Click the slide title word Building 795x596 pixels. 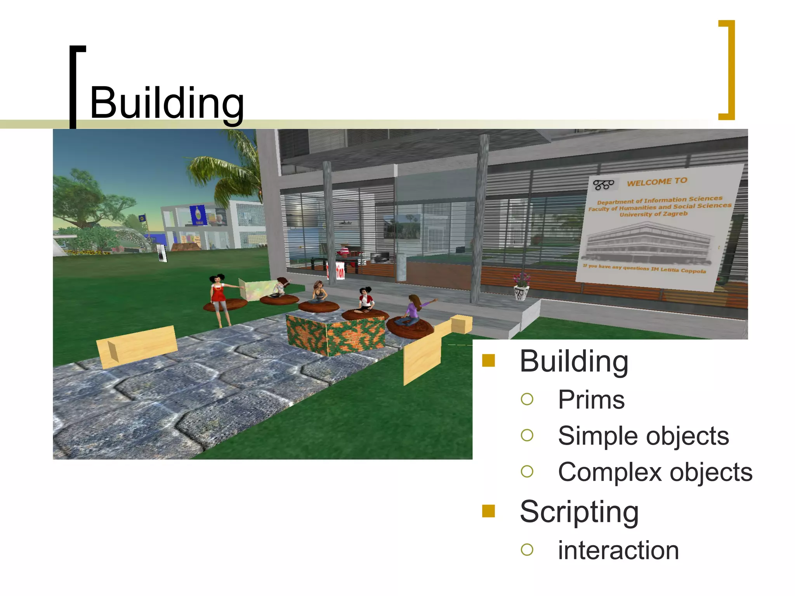(x=167, y=103)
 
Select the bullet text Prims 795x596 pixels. (x=591, y=400)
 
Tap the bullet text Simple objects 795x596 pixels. (x=643, y=436)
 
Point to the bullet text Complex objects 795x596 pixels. (x=655, y=472)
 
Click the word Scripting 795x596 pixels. (x=579, y=512)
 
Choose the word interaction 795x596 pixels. (x=618, y=550)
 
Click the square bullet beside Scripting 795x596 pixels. (x=488, y=511)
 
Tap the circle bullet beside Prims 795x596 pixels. (x=527, y=399)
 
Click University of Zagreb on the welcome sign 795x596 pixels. (x=653, y=214)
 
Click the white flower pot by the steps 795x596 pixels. (x=521, y=291)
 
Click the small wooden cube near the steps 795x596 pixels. (x=462, y=324)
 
